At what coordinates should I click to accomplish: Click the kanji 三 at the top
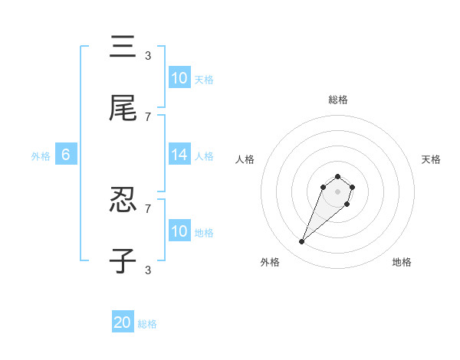123,47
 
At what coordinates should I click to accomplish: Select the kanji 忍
123,200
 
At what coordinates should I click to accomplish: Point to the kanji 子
123,261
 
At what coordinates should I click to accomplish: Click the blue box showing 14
179,155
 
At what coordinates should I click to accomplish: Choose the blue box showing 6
66,155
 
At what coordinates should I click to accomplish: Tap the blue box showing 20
123,322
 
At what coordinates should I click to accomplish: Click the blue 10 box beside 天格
179,78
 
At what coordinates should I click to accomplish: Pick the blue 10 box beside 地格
179,231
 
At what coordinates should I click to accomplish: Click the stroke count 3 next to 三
148,55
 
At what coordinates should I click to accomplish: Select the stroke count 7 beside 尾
148,116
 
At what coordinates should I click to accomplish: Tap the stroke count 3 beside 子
148,270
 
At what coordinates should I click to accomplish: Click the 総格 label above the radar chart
338,100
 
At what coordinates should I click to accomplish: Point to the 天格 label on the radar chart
432,159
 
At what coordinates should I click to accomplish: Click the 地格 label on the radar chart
402,262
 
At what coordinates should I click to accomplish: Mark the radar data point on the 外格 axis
302,242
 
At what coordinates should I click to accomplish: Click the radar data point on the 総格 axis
338,173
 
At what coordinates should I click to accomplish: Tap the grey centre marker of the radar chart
338,191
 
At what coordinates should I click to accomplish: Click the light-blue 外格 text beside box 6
41,156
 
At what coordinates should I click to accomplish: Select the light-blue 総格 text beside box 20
147,324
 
